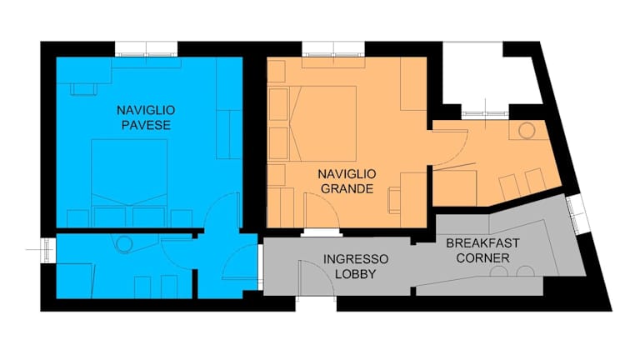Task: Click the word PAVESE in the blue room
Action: [x=146, y=125]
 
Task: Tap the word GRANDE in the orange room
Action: [x=347, y=188]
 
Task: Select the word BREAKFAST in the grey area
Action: [x=482, y=243]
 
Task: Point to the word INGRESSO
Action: [x=356, y=259]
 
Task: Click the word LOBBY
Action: [x=356, y=274]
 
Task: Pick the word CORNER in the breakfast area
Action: [x=482, y=258]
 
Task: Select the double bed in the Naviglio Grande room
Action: [x=322, y=123]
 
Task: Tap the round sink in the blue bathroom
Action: [x=124, y=244]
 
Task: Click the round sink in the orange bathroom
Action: [x=527, y=131]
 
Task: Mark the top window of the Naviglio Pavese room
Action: [x=146, y=49]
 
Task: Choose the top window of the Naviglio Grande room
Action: [x=333, y=49]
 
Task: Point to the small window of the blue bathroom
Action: [x=47, y=249]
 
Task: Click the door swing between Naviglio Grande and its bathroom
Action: [x=449, y=147]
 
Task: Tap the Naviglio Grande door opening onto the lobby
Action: [x=322, y=211]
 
